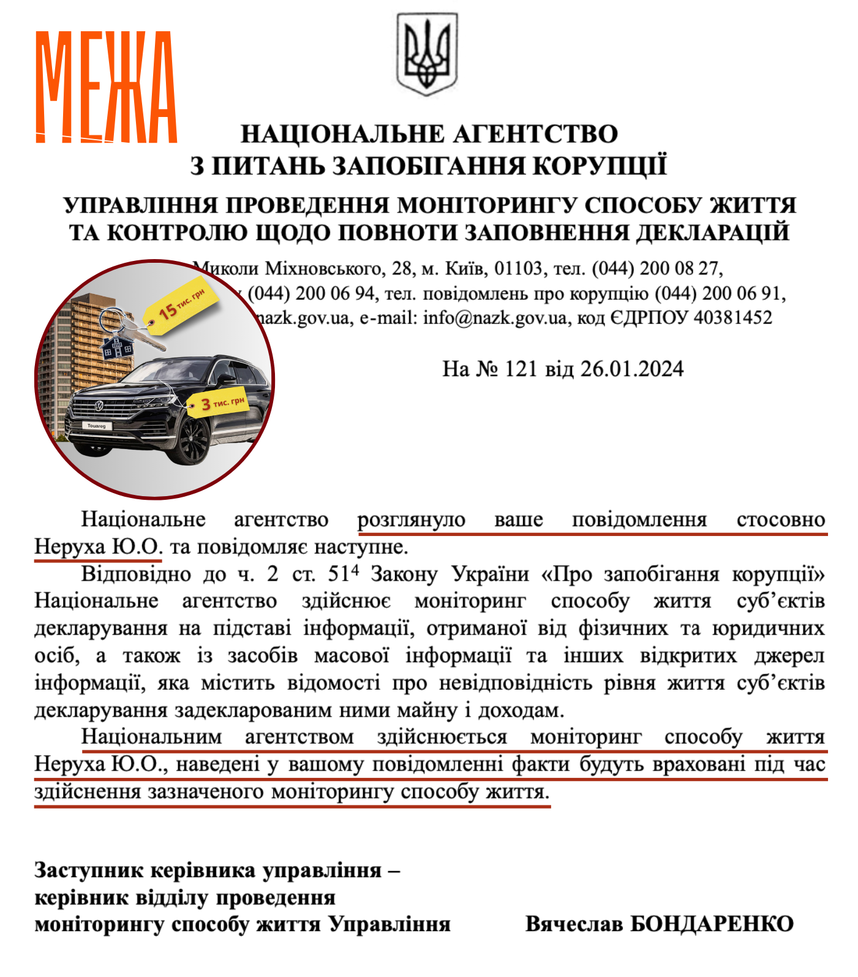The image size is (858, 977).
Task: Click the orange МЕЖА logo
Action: (x=106, y=87)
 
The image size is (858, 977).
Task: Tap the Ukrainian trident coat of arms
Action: (x=427, y=55)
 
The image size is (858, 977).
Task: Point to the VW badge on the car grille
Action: (x=99, y=406)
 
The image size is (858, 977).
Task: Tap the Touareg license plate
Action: (x=96, y=426)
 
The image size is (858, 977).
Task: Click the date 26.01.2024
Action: (x=632, y=369)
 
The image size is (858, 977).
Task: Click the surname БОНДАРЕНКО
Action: (x=712, y=924)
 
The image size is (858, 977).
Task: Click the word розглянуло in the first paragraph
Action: (x=412, y=520)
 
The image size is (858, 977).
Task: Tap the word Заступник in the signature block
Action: (x=89, y=870)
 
